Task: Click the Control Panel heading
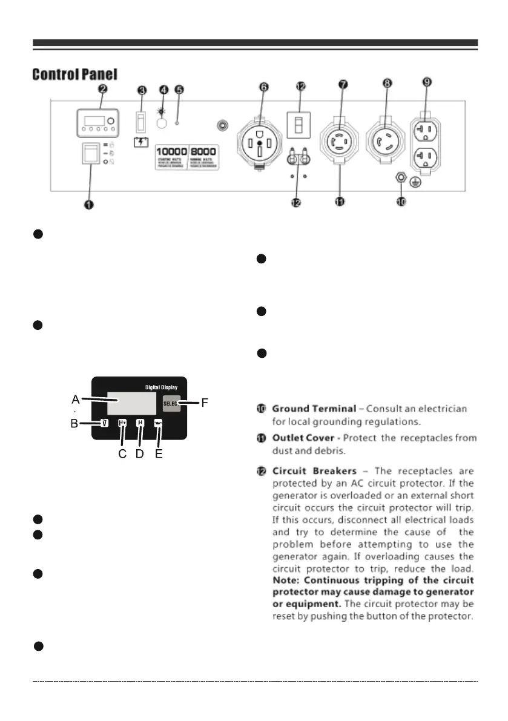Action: pos(74,75)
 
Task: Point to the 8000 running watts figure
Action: pos(203,151)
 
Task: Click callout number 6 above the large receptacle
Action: pos(263,87)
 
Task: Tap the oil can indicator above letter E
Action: pos(158,424)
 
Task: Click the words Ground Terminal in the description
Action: pos(314,409)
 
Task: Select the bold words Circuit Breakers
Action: pos(313,470)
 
